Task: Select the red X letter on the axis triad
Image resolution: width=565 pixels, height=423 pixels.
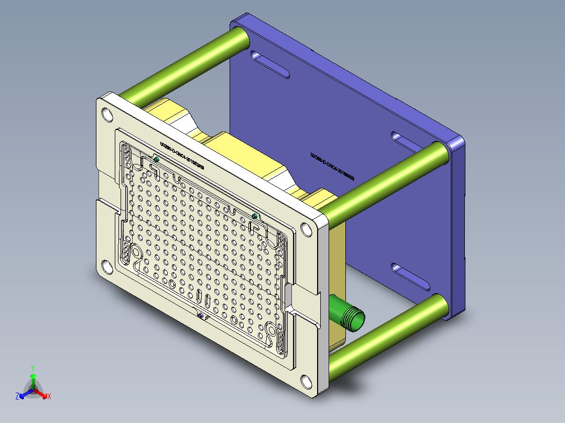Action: [49, 397]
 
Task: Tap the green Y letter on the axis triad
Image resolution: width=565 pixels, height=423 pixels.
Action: [32, 368]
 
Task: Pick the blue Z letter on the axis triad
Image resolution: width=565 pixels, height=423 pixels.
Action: [17, 397]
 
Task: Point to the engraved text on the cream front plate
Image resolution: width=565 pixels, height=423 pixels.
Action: [182, 156]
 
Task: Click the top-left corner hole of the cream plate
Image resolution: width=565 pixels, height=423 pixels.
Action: [106, 114]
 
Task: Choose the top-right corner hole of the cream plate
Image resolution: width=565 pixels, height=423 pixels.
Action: [306, 229]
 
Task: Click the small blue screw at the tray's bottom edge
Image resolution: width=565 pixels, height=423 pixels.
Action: [200, 315]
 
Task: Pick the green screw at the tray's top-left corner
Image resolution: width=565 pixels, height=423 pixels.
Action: [156, 159]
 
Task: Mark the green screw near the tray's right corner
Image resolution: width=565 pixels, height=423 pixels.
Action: [255, 216]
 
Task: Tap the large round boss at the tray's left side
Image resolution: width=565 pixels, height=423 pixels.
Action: [137, 252]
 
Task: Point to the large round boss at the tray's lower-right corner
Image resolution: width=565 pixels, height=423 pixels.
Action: [271, 330]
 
